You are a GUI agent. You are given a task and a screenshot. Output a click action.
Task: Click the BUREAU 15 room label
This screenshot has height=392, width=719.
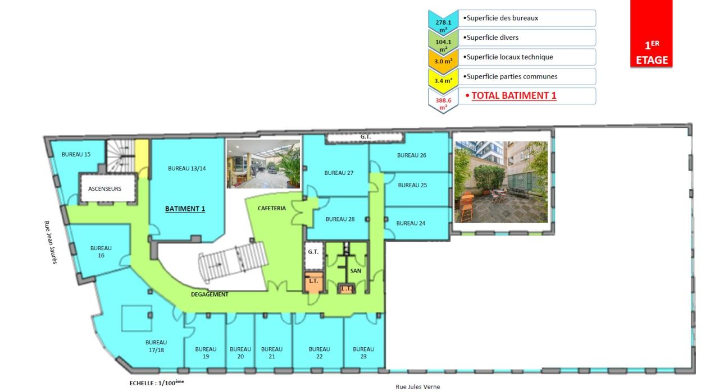point(76,154)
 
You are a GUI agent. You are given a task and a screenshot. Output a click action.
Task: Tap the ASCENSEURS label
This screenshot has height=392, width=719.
point(104,189)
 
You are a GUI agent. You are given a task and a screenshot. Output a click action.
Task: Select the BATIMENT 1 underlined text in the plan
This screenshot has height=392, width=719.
point(185,209)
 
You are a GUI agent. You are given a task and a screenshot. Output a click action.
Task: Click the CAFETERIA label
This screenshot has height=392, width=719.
point(271,208)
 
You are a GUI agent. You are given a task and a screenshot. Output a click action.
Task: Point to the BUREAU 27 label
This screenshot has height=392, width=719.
point(339,173)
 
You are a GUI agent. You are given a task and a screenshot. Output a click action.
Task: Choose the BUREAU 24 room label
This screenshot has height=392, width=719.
point(411,223)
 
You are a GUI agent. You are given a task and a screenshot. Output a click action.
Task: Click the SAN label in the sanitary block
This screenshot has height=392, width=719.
point(356,270)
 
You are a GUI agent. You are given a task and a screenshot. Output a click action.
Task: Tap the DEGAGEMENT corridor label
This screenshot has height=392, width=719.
point(210,294)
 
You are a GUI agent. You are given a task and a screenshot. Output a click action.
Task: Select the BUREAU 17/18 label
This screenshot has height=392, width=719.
point(156,345)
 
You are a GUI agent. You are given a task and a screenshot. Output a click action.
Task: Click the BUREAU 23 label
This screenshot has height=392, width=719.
point(363,352)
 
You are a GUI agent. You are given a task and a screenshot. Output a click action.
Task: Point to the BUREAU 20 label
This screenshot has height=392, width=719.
point(240,352)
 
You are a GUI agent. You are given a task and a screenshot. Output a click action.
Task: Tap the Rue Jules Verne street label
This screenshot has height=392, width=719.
point(417,386)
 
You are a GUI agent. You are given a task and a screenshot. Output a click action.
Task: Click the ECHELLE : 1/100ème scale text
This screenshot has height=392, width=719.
point(157,382)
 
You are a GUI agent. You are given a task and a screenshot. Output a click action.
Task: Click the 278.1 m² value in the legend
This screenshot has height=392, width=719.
point(443,22)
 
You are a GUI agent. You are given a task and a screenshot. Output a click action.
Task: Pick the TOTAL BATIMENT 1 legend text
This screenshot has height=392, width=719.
point(513,95)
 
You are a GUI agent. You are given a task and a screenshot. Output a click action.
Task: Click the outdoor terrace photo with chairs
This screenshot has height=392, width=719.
point(500,182)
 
